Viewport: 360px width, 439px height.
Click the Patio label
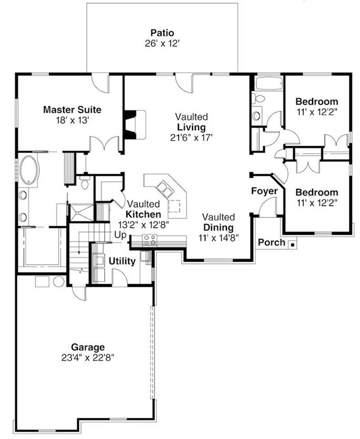point(162,33)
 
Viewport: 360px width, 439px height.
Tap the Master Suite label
point(72,110)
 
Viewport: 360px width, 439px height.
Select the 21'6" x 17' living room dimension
point(191,137)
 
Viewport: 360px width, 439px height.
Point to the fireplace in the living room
point(135,125)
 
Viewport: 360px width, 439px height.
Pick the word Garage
point(88,347)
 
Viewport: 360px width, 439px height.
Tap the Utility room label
point(122,261)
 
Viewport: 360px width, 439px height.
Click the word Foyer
point(264,191)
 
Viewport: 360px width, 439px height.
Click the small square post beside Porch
point(292,243)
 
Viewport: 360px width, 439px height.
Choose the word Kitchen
point(143,214)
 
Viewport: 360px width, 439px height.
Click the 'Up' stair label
point(120,235)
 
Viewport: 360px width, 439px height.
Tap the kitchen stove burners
point(149,241)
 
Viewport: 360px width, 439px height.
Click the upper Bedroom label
point(316,102)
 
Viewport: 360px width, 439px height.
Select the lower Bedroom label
point(316,192)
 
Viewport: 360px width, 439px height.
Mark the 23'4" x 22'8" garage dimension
point(88,357)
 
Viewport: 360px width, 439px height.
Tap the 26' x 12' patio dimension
point(162,44)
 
